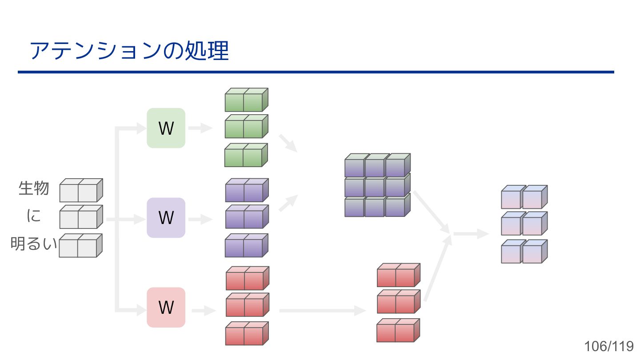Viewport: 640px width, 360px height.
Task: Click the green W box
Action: (166, 128)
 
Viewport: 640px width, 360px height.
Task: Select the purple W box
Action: (166, 218)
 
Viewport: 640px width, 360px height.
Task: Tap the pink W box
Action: (166, 307)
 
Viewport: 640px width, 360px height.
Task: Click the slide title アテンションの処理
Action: (129, 51)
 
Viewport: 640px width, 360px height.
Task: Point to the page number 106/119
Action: (609, 346)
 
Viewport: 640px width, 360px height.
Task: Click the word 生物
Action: (34, 188)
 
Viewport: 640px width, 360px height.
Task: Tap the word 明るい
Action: (34, 244)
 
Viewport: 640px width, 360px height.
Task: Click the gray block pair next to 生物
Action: (81, 190)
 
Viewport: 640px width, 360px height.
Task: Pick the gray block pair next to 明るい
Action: (81, 245)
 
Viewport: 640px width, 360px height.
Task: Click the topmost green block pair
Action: (246, 100)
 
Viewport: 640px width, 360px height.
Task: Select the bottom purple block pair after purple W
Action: (246, 245)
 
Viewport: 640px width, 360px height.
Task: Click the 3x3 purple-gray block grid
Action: (377, 185)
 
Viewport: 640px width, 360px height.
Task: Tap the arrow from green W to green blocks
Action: (201, 128)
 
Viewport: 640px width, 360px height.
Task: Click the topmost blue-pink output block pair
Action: (524, 197)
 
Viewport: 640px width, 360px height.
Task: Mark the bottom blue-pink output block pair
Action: (524, 252)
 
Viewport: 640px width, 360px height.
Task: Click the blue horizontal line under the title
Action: (316, 72)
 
